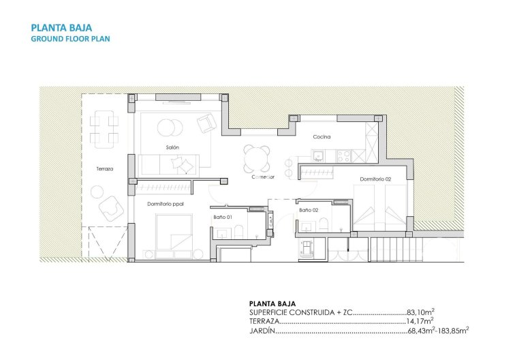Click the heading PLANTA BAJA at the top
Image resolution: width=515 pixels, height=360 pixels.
click(x=57, y=28)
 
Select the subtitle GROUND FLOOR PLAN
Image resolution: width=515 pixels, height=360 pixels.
click(x=70, y=39)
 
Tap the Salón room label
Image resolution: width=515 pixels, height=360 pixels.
click(x=172, y=147)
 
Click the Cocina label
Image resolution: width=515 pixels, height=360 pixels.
click(x=322, y=137)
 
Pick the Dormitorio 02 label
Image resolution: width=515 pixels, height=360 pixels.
click(x=375, y=179)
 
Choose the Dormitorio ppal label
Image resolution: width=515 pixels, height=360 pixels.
click(x=166, y=203)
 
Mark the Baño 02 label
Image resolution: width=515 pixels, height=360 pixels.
click(x=309, y=210)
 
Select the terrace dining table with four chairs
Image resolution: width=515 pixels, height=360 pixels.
click(x=105, y=130)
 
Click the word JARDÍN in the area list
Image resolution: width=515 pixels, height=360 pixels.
click(x=262, y=331)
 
